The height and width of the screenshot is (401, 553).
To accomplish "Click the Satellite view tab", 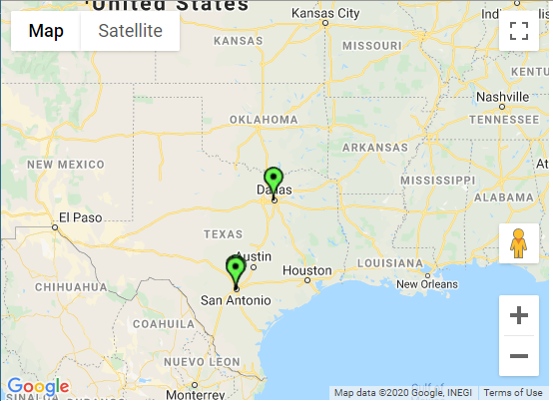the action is [x=130, y=31].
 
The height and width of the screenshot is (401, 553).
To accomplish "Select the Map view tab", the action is [x=46, y=31].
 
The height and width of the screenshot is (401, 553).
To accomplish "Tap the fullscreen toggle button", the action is [x=518, y=30].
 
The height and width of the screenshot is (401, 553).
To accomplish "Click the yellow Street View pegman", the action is [x=518, y=243].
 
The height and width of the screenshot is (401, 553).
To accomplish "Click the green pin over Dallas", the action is [x=274, y=181].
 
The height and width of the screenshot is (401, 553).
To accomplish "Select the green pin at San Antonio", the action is [x=236, y=269].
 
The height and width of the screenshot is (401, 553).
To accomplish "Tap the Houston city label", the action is [x=306, y=270].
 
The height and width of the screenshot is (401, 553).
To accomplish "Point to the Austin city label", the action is [x=254, y=255].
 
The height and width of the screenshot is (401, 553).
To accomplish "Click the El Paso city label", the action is [x=79, y=216].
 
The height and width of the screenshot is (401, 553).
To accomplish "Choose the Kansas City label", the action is [x=325, y=14].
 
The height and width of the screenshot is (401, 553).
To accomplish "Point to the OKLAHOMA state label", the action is [x=264, y=120].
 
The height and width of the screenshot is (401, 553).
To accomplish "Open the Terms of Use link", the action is [x=513, y=393].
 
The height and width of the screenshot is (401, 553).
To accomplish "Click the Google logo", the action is [x=38, y=387].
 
